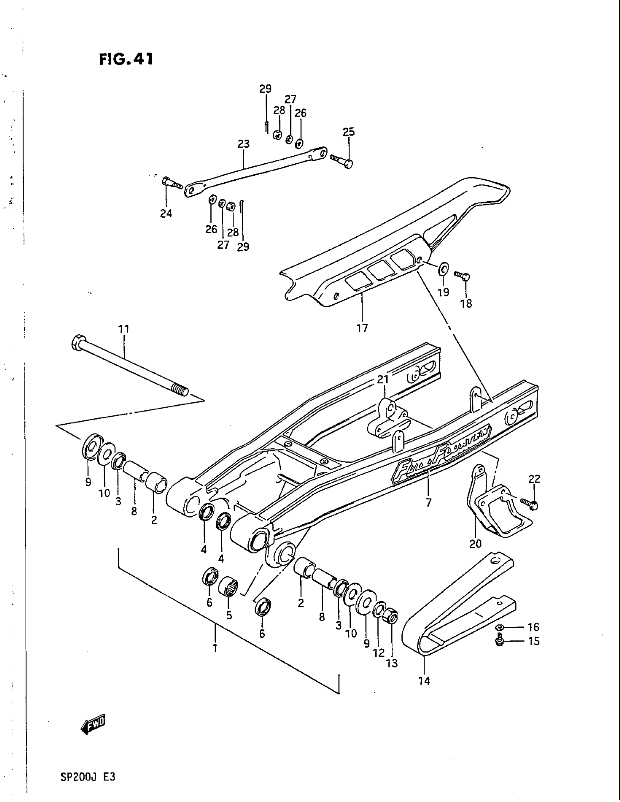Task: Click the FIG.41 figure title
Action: click(125, 59)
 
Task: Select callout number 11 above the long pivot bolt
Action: click(124, 329)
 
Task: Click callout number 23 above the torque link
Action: click(244, 144)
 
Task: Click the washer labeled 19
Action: click(443, 269)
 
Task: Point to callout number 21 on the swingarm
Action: click(383, 379)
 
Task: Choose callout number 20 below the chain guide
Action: click(475, 543)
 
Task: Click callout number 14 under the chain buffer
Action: click(424, 681)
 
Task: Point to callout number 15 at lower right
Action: click(534, 642)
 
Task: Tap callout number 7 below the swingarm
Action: click(429, 502)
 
